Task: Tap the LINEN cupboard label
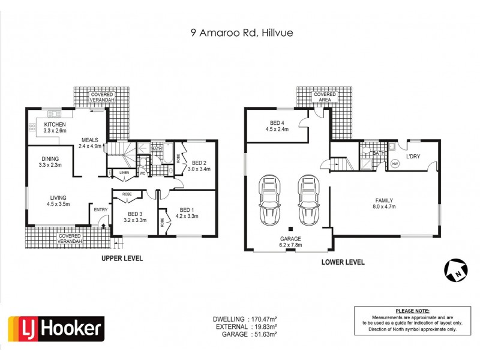click(x=124, y=173)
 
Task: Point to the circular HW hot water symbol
click(x=395, y=163)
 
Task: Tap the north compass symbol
click(x=455, y=270)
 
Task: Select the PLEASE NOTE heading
click(x=413, y=310)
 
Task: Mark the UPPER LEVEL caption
click(x=122, y=258)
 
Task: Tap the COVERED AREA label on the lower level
click(x=325, y=98)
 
